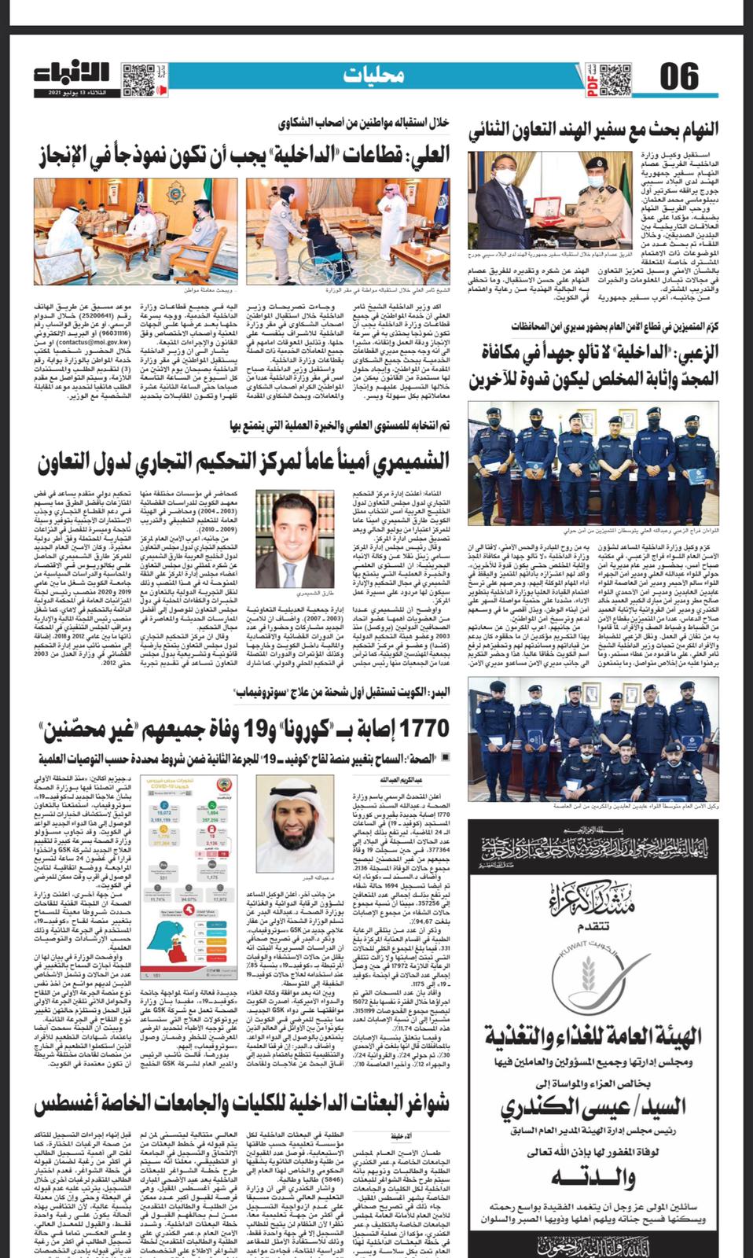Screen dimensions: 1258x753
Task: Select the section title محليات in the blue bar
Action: tap(375, 75)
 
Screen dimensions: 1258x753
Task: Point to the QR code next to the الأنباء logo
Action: tap(137, 78)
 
